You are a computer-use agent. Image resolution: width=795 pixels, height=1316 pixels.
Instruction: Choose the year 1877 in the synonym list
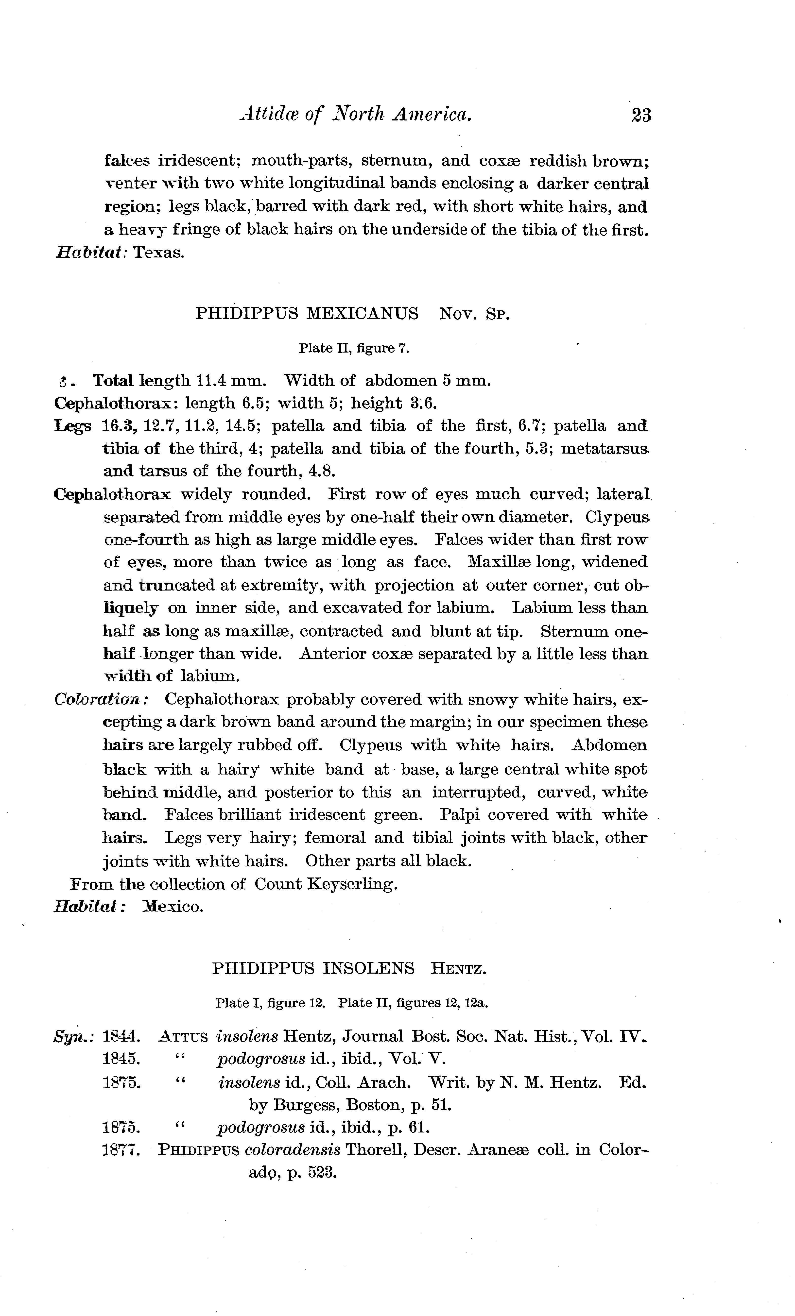[121, 1149]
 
